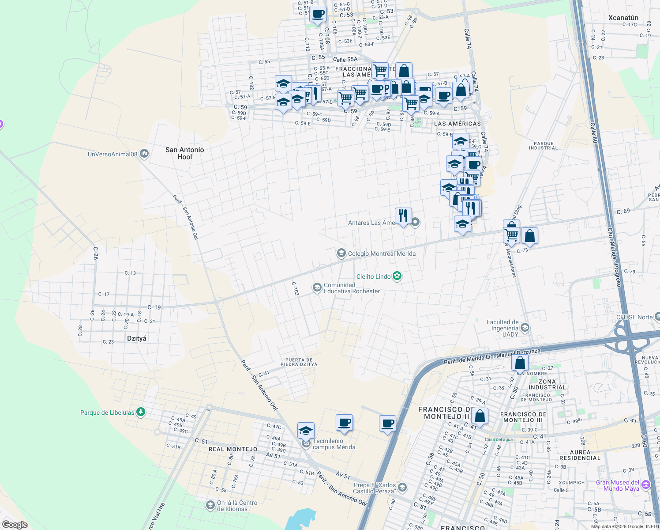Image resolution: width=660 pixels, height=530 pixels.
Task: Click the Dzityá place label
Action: pyautogui.click(x=136, y=338)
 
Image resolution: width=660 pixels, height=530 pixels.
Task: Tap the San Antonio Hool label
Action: pyautogui.click(x=184, y=153)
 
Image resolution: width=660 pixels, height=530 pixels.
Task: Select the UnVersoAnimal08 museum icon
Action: pyautogui.click(x=144, y=154)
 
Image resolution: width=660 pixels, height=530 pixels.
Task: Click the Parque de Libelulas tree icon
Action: pyautogui.click(x=141, y=413)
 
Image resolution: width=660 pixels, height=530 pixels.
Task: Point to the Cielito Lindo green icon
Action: pyautogui.click(x=397, y=276)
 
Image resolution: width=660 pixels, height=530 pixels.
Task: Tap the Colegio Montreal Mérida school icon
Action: pyautogui.click(x=341, y=253)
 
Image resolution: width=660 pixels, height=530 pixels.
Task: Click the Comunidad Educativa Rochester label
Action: pyautogui.click(x=352, y=288)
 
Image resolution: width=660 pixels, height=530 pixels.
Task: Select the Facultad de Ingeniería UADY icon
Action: pyautogui.click(x=525, y=328)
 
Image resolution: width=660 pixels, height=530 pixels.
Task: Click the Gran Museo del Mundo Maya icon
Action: pyautogui.click(x=646, y=485)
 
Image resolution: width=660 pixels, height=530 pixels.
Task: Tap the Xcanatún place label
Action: pyautogui.click(x=623, y=18)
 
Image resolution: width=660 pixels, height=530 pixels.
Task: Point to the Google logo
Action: pyautogui.click(x=15, y=525)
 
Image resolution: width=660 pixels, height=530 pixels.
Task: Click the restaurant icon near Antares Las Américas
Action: pyautogui.click(x=403, y=216)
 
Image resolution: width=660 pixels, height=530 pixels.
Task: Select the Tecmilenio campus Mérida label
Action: pyautogui.click(x=334, y=444)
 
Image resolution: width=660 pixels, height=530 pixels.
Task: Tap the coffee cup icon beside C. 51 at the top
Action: pyautogui.click(x=318, y=14)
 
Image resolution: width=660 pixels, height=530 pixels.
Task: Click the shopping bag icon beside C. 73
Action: pyautogui.click(x=529, y=236)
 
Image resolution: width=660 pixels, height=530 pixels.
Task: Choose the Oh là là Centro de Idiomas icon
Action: pyautogui.click(x=210, y=505)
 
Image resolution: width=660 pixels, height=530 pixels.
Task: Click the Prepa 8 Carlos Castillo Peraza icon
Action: pyautogui.click(x=402, y=488)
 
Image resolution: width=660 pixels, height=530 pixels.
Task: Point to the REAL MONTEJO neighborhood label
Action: pyautogui.click(x=232, y=449)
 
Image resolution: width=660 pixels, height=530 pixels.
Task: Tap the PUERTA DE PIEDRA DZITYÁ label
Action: pyautogui.click(x=299, y=362)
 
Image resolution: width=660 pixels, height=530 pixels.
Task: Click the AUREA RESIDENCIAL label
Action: pyautogui.click(x=580, y=455)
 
